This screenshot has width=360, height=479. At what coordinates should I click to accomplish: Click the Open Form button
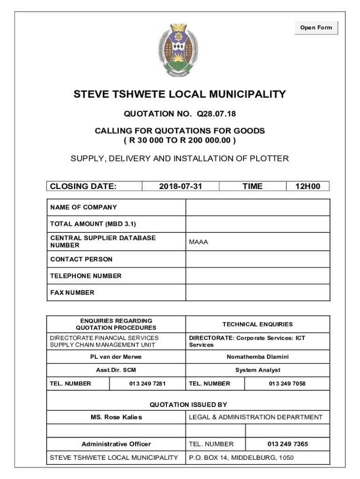[x=316, y=28]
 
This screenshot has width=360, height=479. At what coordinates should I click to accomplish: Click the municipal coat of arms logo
[x=180, y=50]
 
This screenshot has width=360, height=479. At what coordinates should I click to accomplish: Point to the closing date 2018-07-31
[x=180, y=186]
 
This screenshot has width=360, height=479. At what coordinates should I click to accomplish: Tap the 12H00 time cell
[x=308, y=186]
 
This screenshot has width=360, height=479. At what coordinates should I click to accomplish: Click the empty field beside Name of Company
[x=258, y=207]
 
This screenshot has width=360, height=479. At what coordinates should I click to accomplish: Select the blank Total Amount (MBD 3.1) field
[x=258, y=224]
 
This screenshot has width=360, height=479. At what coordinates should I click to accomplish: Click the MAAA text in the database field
[x=198, y=242]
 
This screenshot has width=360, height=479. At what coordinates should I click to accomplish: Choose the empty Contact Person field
[x=258, y=259]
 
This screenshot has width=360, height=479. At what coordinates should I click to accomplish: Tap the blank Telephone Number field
[x=258, y=276]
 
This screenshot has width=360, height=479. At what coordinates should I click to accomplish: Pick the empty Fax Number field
[x=258, y=292]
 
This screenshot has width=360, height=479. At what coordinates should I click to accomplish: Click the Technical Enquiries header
[x=258, y=324]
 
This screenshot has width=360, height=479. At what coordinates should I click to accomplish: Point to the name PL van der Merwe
[x=116, y=357]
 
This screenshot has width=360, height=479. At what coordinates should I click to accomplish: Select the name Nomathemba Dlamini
[x=258, y=357]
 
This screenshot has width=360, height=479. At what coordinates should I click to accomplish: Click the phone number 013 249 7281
[x=147, y=384]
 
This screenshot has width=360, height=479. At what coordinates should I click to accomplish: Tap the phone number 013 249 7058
[x=287, y=384]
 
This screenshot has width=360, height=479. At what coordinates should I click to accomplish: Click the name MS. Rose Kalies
[x=116, y=417]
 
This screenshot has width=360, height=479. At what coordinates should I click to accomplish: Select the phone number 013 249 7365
[x=288, y=444]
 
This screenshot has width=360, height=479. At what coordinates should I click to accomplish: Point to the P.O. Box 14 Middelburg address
[x=241, y=457]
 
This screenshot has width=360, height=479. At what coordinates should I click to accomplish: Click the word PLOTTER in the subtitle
[x=268, y=159]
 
